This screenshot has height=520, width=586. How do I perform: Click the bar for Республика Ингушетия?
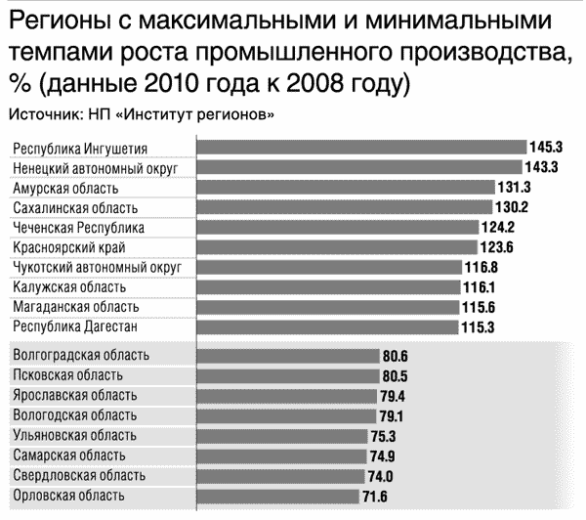click(x=361, y=148)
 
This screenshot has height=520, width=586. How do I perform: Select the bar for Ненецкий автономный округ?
click(x=360, y=167)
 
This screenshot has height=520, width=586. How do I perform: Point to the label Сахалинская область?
click(x=75, y=208)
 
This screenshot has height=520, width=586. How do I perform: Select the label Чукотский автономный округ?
click(x=99, y=267)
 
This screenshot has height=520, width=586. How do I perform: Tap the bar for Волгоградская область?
click(x=289, y=356)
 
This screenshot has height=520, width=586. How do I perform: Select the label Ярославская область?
click(x=75, y=396)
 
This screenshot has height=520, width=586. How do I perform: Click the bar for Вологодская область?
click(x=287, y=415)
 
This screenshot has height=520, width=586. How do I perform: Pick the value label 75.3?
click(x=391, y=436)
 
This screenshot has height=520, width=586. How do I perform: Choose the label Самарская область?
click(x=67, y=455)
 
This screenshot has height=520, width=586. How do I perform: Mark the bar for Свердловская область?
click(x=283, y=475)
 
